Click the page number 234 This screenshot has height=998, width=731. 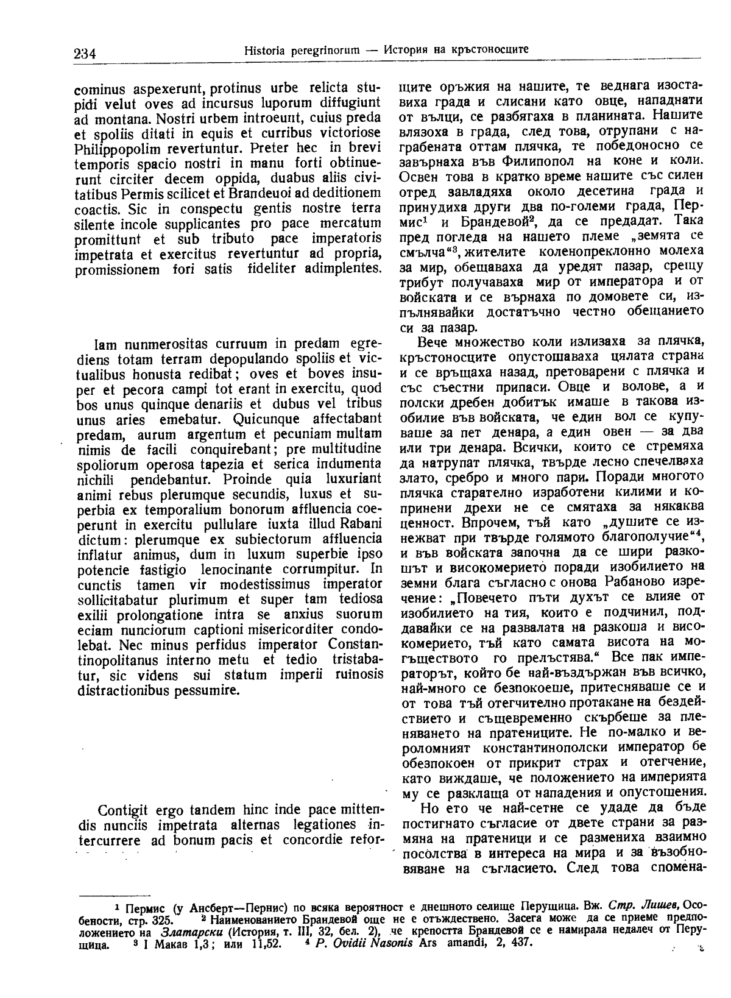pyautogui.click(x=85, y=53)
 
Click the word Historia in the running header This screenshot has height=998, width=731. pyautogui.click(x=261, y=49)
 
